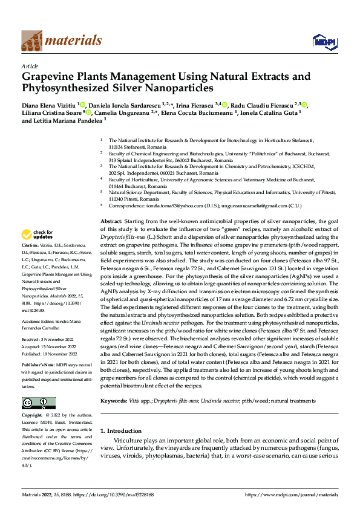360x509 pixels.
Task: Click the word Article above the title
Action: pos(30,66)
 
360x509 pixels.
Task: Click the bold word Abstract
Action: pos(111,222)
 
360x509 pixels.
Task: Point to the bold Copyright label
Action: pos(33,417)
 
